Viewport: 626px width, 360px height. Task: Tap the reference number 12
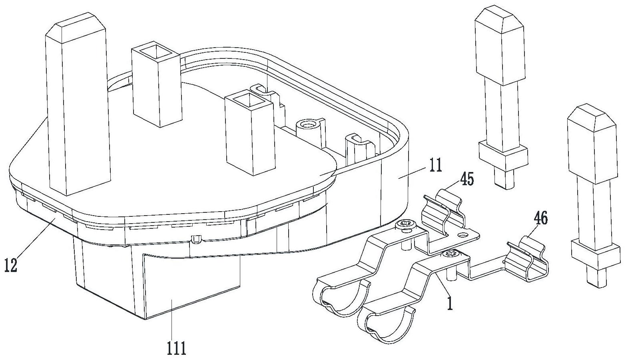tap(11, 265)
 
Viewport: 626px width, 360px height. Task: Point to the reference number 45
tap(467, 179)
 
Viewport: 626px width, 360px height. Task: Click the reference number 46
tap(539, 219)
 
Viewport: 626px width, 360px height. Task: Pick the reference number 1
tap(450, 303)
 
